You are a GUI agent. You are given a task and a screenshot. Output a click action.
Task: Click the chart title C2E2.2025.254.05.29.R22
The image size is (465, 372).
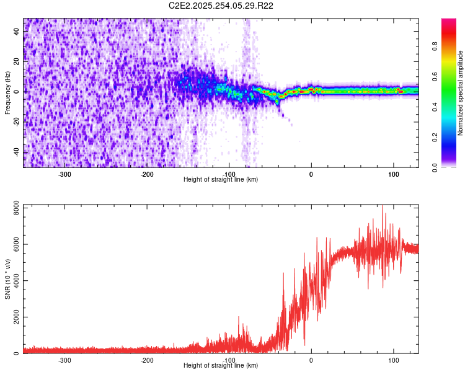pyautogui.click(x=221, y=6)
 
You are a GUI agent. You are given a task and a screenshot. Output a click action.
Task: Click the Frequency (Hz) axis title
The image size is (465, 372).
pyautogui.click(x=7, y=93)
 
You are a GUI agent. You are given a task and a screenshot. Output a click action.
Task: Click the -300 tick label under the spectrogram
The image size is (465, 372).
pyautogui.click(x=65, y=174)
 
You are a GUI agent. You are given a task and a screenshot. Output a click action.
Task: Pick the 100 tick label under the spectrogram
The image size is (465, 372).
pyautogui.click(x=393, y=174)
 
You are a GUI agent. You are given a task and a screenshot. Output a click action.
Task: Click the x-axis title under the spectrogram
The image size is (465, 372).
pyautogui.click(x=221, y=180)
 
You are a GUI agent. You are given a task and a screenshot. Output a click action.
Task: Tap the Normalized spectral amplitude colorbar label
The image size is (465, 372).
pyautogui.click(x=461, y=93)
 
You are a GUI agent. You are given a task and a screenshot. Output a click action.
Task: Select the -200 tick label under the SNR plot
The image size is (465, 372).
pyautogui.click(x=147, y=360)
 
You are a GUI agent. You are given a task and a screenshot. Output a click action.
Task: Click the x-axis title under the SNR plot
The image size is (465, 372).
pyautogui.click(x=221, y=366)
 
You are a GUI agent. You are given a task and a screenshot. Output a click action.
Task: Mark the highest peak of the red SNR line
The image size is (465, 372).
pyautogui.click(x=383, y=205)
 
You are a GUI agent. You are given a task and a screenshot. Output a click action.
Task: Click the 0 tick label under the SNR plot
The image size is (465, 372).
pyautogui.click(x=311, y=360)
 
